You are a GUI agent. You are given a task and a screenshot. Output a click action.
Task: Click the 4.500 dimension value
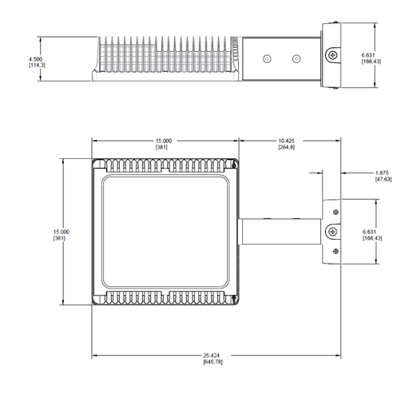click(35, 59)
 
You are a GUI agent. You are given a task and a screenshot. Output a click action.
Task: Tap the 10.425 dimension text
click(287, 141)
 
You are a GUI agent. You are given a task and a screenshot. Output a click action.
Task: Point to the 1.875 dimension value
click(382, 173)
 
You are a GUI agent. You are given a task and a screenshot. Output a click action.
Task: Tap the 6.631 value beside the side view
click(368, 55)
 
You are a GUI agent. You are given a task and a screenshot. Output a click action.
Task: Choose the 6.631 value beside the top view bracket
click(369, 232)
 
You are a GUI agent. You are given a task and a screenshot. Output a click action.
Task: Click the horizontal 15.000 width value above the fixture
click(164, 141)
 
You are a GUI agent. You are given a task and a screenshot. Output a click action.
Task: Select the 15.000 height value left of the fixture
click(62, 232)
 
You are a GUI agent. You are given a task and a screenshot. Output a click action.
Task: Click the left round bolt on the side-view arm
click(267, 58)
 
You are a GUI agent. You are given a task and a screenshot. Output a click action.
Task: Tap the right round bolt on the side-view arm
click(296, 58)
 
